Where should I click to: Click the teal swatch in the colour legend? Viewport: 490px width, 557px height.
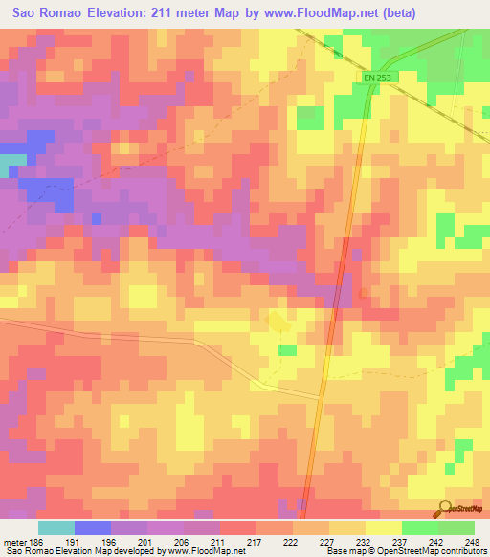point(56,528)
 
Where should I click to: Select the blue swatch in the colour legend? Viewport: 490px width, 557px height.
point(92,528)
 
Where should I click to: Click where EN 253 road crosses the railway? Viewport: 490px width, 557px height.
point(367,93)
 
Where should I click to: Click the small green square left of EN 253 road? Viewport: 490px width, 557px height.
point(309,118)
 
